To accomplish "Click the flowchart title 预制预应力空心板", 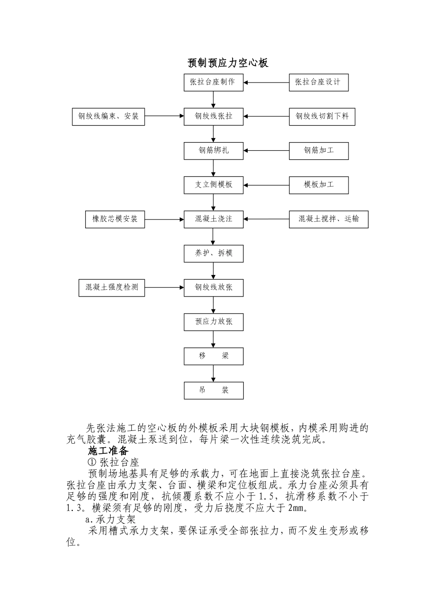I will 228,63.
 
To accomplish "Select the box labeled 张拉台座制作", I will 213,82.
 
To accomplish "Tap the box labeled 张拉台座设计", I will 319,82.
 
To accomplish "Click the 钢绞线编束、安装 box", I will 109,116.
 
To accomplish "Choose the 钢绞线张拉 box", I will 213,116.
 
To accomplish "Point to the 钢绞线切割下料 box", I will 322,116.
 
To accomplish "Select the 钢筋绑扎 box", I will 213,151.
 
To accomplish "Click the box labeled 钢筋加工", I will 319,151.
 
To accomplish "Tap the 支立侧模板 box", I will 213,185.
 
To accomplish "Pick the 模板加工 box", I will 319,185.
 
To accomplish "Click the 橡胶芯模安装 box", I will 115,219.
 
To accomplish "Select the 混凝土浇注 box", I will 213,219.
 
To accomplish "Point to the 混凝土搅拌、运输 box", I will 328,219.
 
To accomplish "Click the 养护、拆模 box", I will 213,253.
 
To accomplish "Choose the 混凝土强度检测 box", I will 112,288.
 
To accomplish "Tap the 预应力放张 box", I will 213,322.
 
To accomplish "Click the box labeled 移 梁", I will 213,356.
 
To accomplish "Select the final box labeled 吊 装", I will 213,390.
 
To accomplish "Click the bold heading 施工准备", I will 108,451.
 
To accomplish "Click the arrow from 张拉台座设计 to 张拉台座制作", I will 266,83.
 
